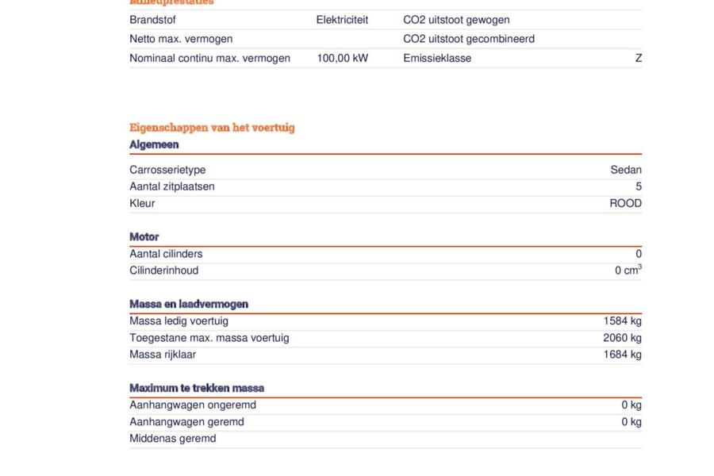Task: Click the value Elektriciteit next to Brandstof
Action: (x=342, y=20)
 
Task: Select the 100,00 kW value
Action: (x=342, y=58)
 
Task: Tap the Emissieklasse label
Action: (x=437, y=58)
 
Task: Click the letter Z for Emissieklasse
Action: (x=638, y=58)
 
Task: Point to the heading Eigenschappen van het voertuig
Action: (x=212, y=127)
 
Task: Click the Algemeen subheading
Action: (x=154, y=144)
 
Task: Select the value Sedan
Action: (x=626, y=170)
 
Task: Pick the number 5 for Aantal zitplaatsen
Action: (x=638, y=186)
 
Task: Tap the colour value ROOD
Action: (x=625, y=203)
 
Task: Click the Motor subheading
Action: (x=144, y=236)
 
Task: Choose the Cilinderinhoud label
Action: (x=164, y=271)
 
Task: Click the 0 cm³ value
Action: (x=628, y=271)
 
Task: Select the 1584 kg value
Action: (x=622, y=321)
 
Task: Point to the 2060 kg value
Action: (x=622, y=338)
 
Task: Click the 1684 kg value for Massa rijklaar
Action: (x=622, y=355)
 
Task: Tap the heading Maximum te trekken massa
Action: (x=197, y=388)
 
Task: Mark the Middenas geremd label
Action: (x=173, y=439)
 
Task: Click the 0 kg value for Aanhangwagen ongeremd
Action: (x=631, y=405)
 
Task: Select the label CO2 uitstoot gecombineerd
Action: (x=469, y=39)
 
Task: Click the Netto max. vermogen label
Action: (x=181, y=39)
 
